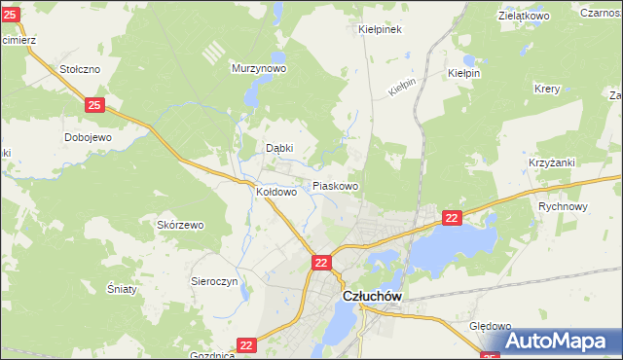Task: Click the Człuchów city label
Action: tap(371, 299)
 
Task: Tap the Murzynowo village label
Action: tap(258, 69)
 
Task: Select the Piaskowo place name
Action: tap(336, 185)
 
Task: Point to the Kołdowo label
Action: tap(275, 193)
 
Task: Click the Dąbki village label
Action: tap(280, 148)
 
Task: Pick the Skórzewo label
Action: tap(180, 225)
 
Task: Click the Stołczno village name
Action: tap(80, 69)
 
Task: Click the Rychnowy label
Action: tap(563, 206)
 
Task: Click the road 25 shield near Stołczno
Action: tap(94, 104)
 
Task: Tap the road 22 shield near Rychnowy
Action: tap(452, 220)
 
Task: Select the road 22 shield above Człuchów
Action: tap(322, 262)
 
